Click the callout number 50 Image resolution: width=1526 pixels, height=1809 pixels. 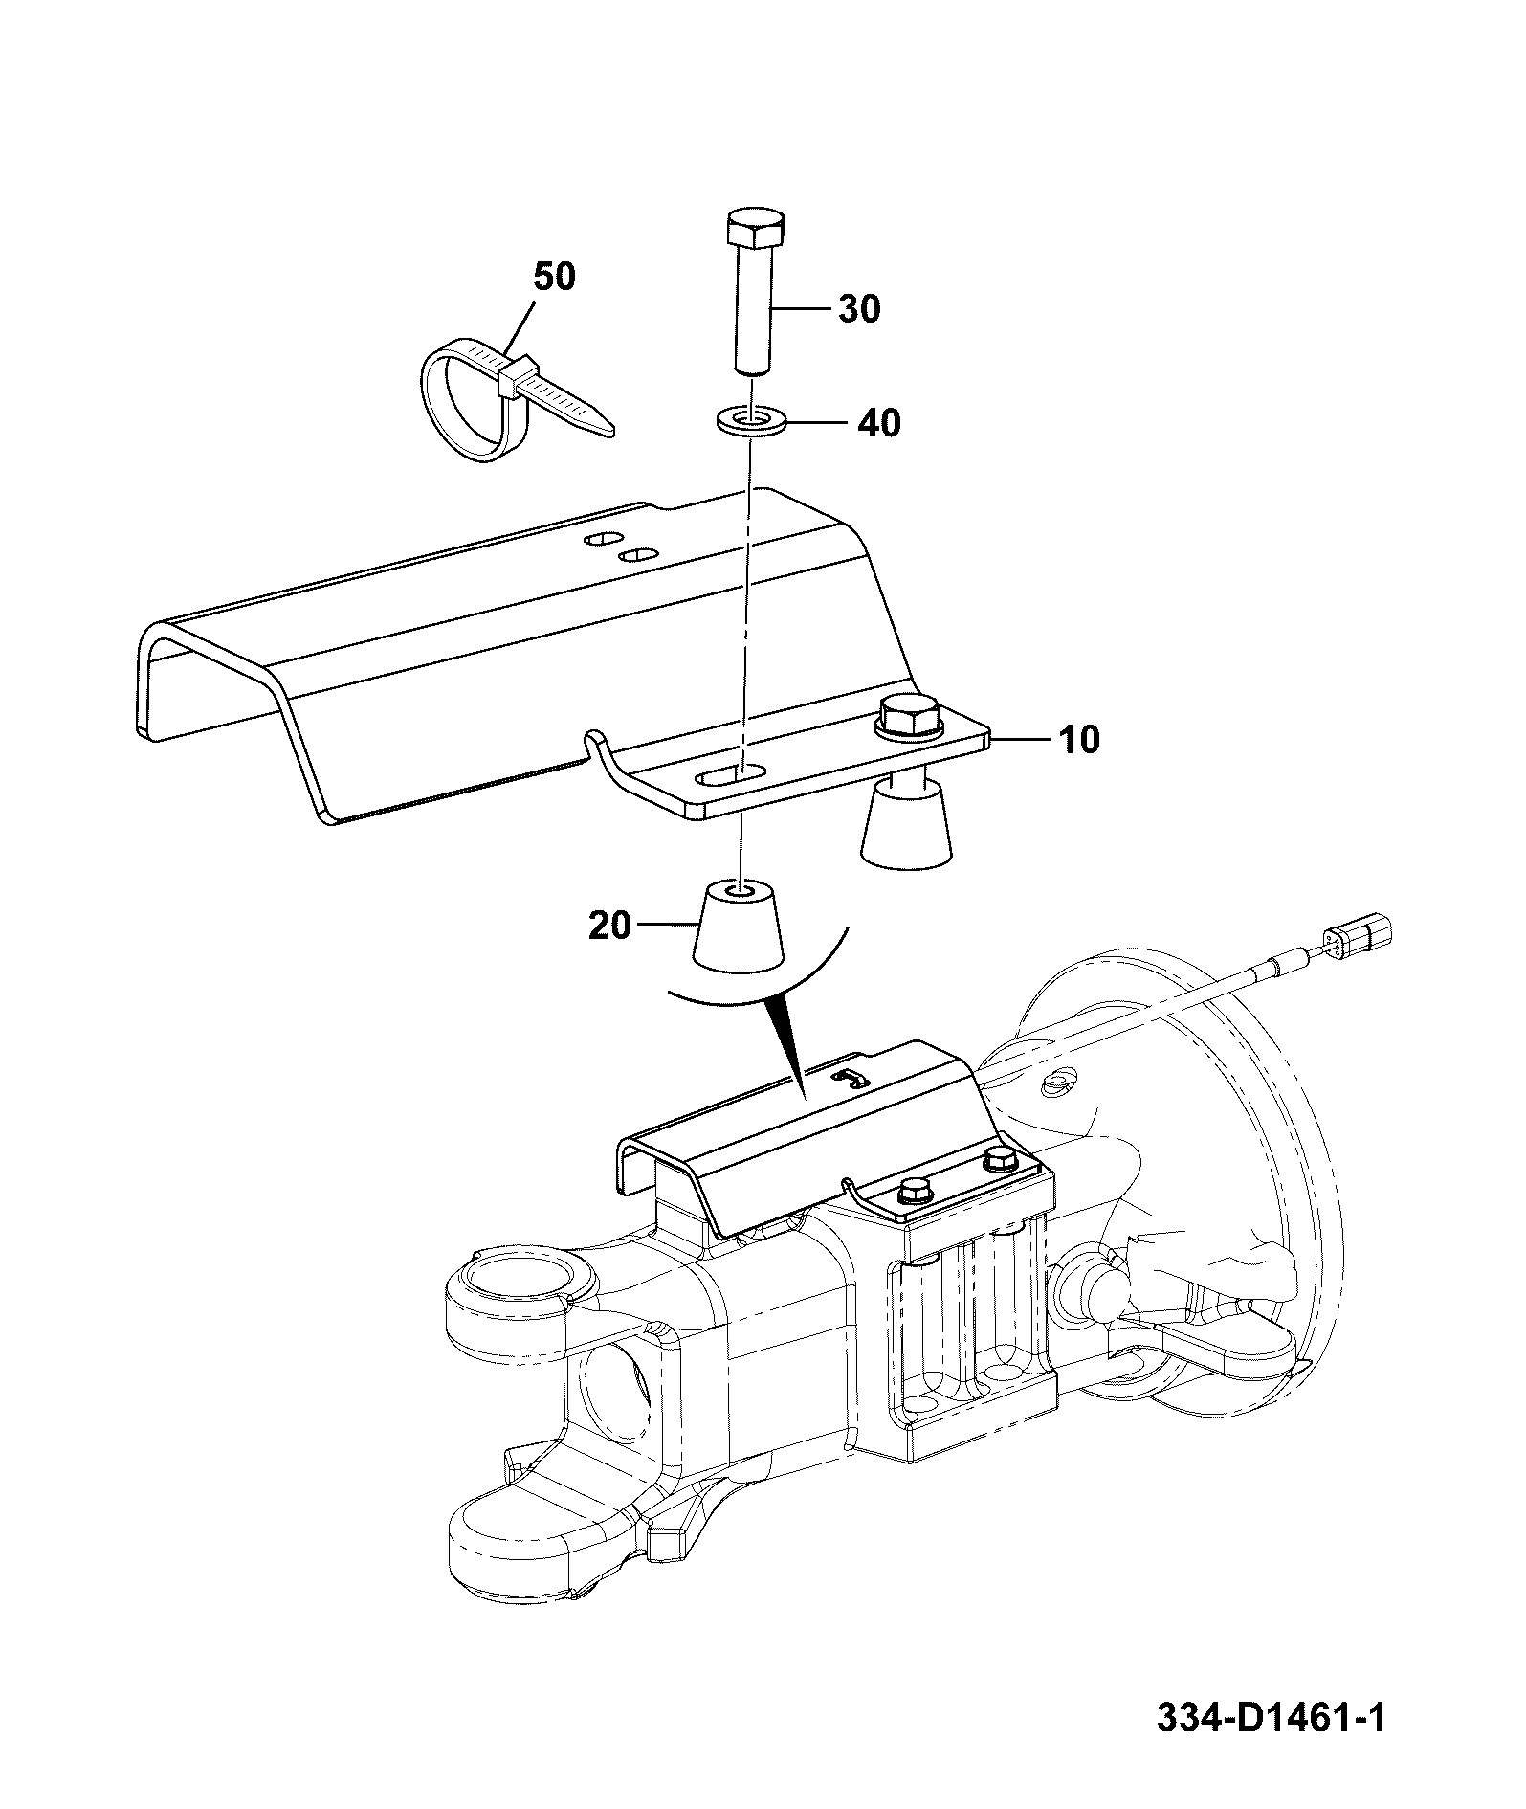pos(554,278)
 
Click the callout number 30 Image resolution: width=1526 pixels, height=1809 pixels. pos(859,309)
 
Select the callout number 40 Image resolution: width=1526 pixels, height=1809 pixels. pos(879,422)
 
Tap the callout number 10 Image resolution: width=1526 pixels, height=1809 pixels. pos(1079,740)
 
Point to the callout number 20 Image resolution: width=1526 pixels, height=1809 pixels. pos(610,926)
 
